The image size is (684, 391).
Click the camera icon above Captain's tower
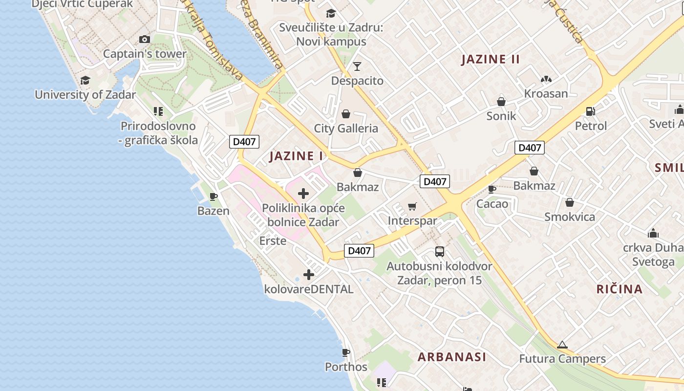point(145,39)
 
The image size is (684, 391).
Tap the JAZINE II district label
point(491,60)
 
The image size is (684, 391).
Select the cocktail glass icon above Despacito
point(357,66)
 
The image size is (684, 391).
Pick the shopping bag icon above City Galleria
point(346,114)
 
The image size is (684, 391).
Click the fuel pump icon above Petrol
point(591,111)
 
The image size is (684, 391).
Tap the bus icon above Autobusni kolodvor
point(439,252)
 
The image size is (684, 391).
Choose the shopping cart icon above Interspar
point(412,206)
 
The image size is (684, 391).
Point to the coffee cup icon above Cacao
point(492,189)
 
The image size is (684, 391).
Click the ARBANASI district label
point(452,357)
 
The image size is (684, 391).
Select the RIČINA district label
point(620,289)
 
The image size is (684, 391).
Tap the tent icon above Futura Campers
point(562,345)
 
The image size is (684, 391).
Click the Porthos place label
point(346,367)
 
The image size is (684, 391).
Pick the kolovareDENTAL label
point(309,289)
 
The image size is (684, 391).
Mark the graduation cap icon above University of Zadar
point(85,80)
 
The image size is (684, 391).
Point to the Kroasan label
point(546,93)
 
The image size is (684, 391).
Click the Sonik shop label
point(501,116)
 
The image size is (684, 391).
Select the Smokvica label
point(570,217)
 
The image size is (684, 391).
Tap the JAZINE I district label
point(296,156)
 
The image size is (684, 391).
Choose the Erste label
point(273,240)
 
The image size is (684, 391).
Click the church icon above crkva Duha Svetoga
point(653,233)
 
